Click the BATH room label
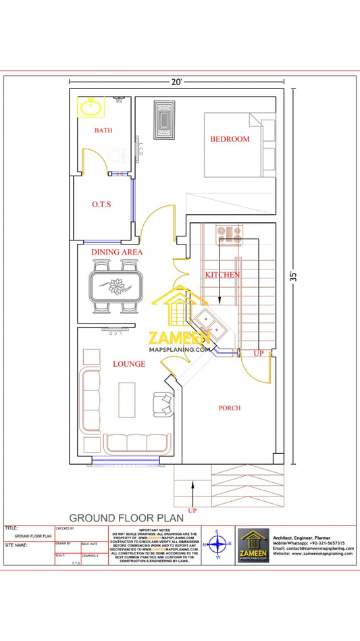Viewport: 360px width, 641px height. point(103,130)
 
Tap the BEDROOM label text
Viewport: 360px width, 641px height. point(230,139)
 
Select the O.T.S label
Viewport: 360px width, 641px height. point(101,204)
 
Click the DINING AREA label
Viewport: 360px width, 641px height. point(117,252)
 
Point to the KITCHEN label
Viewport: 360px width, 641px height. point(222,275)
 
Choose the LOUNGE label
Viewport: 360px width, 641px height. point(129,364)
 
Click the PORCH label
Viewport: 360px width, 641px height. point(230,408)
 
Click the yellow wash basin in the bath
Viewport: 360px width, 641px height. point(89,107)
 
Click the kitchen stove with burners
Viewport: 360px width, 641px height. point(228,234)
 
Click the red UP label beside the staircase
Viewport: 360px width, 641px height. point(258,353)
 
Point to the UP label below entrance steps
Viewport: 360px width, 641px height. point(193,511)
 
